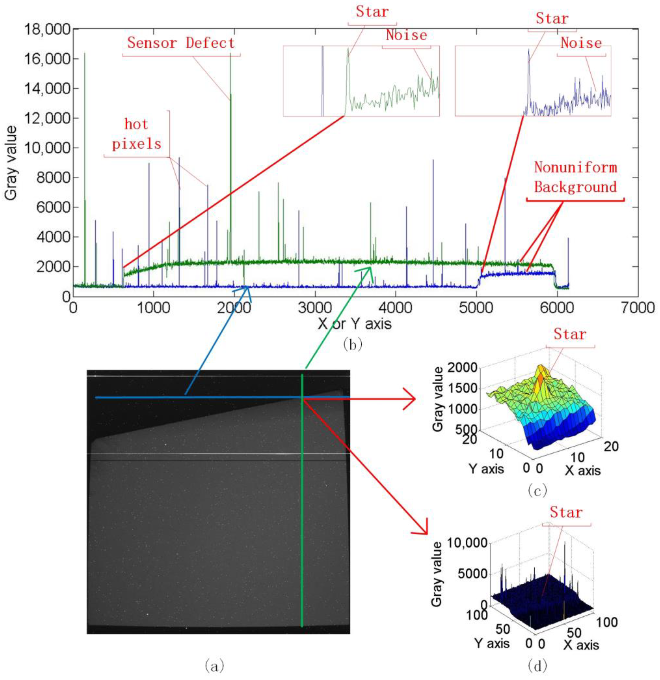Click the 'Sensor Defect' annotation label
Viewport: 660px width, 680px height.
[181, 43]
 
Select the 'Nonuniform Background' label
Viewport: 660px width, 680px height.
[575, 177]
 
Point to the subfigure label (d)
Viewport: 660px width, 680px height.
[537, 665]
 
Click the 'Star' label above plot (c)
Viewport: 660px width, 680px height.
[570, 334]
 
